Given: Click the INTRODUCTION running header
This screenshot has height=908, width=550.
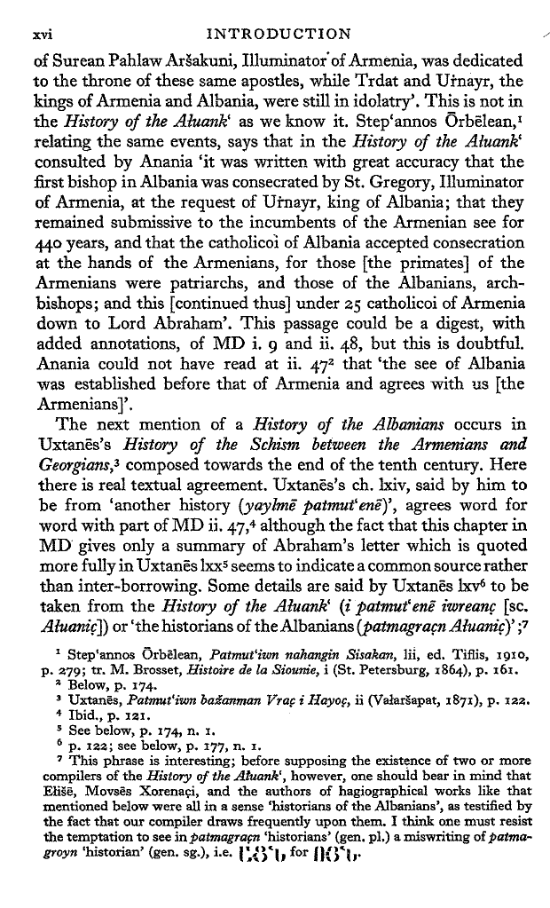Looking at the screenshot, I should [277, 35].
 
